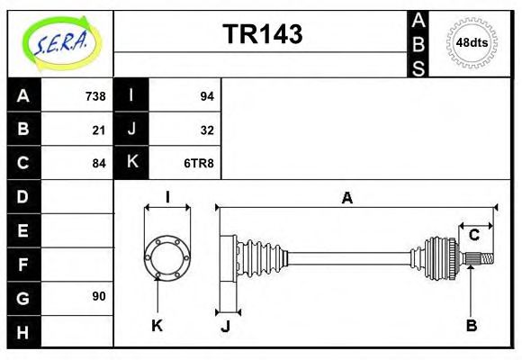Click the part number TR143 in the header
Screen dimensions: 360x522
(x=262, y=34)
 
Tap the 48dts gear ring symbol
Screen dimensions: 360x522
(x=472, y=42)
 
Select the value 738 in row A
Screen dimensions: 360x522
(x=95, y=96)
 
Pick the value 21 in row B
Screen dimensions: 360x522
(x=99, y=130)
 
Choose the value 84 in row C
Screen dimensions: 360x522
(x=99, y=163)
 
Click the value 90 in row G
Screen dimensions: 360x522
(x=99, y=296)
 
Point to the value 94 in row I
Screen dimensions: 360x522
(x=206, y=96)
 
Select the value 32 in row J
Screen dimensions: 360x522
(x=206, y=130)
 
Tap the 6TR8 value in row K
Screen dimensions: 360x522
(x=199, y=163)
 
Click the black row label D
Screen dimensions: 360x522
(x=23, y=196)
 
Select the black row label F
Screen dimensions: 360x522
(x=23, y=264)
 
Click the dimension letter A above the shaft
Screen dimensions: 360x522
(x=346, y=199)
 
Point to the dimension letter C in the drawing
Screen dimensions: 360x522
(x=473, y=236)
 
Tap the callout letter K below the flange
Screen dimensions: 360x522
(x=157, y=326)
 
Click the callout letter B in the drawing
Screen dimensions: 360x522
(x=471, y=326)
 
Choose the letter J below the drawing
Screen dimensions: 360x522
(x=226, y=326)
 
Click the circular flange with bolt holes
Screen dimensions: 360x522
(x=166, y=256)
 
